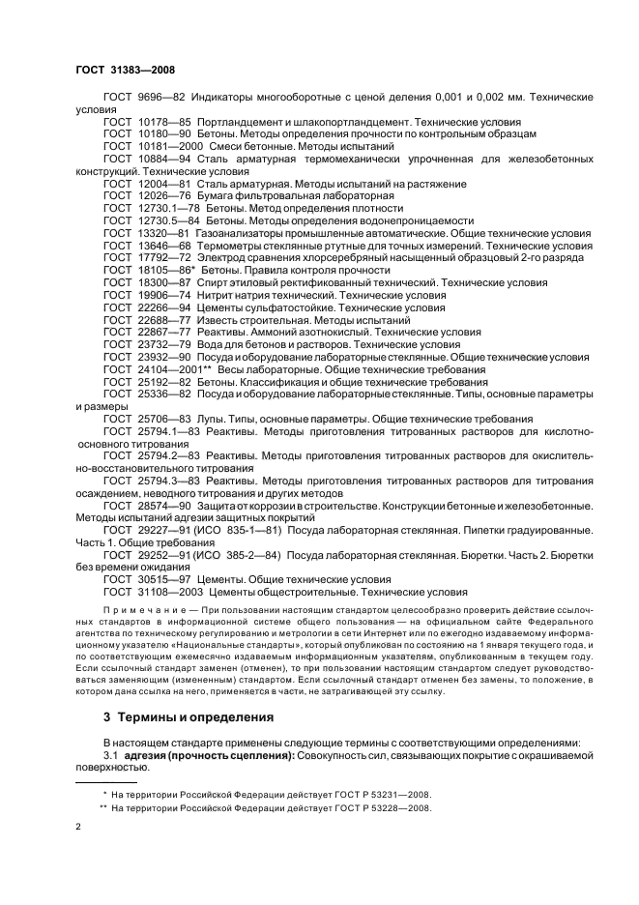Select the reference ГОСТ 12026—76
(148, 194)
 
